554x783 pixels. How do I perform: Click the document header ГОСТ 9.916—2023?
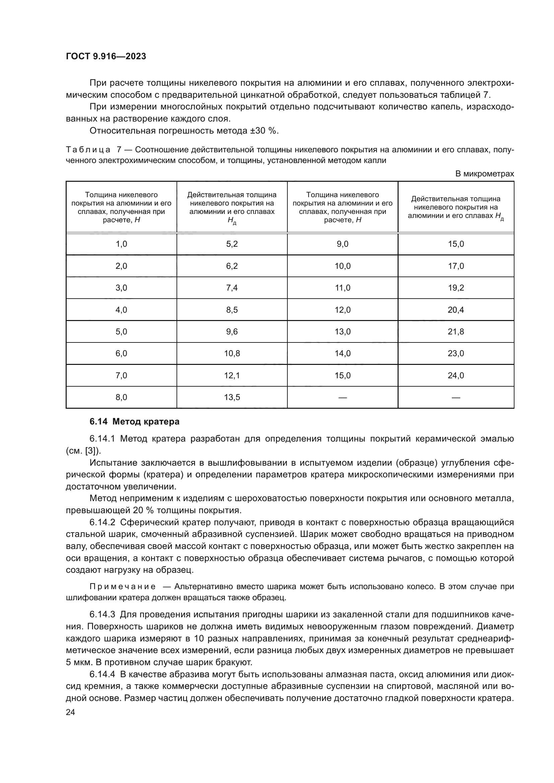(106, 57)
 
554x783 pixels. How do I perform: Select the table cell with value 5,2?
(232, 244)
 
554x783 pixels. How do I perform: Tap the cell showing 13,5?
(232, 397)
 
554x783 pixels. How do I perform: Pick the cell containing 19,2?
(456, 288)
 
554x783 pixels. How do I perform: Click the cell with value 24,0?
(456, 375)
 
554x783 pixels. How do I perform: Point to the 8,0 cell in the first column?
(121, 397)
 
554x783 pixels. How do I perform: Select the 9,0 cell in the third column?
(342, 244)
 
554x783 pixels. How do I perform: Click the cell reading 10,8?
(232, 353)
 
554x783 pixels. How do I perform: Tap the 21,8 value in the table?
(456, 331)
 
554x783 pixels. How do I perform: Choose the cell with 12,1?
(232, 375)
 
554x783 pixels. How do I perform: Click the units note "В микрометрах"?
(484, 174)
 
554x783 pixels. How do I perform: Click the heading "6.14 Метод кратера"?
(134, 422)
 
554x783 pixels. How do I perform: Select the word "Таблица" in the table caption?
(88, 150)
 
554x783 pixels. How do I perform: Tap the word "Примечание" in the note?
(123, 586)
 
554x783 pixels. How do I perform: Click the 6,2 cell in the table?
(232, 266)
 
